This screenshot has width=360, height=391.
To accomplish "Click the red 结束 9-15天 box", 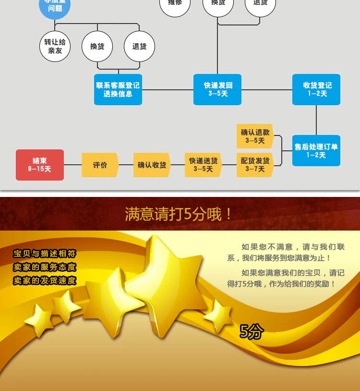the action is [40, 165].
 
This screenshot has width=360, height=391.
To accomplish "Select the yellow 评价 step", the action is [100, 165].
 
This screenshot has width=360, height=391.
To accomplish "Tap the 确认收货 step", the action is [152, 165].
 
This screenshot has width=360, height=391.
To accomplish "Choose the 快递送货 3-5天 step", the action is [203, 165].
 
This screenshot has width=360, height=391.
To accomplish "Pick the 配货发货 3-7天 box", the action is [255, 165].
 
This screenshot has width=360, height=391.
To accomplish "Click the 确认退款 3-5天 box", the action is [255, 136].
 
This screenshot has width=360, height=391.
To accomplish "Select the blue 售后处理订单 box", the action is [316, 150].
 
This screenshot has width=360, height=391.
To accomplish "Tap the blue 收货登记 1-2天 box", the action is [316, 89].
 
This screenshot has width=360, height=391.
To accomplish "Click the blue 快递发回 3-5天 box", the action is [217, 89].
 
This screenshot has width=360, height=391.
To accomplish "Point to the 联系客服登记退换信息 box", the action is [118, 89].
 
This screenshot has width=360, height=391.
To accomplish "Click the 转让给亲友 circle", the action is [55, 46].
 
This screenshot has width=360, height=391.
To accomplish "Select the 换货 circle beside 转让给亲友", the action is [97, 46].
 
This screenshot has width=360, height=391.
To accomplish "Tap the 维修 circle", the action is [175, 5].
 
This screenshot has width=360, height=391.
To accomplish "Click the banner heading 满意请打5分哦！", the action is [179, 214].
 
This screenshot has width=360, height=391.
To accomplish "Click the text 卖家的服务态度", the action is [44, 268].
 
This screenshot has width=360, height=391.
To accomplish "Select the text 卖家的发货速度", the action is [44, 281].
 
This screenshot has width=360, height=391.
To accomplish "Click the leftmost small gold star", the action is [38, 319].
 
